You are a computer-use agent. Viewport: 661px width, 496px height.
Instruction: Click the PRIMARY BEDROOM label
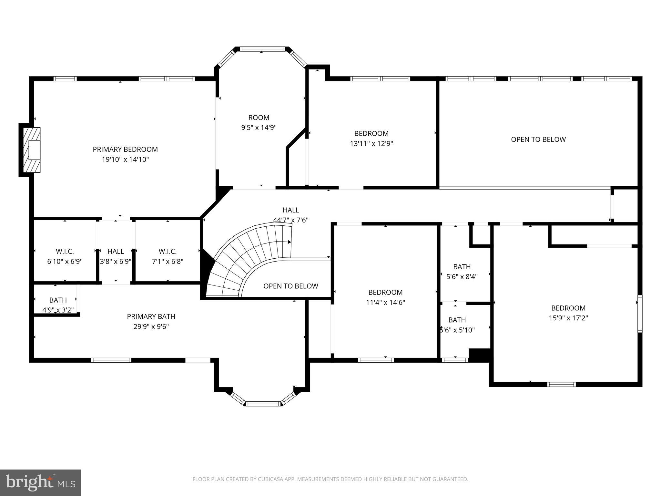coord(125,149)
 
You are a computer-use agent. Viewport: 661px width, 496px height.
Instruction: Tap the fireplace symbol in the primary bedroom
coord(32,150)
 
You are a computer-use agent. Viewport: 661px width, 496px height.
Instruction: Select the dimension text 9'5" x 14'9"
coord(259,128)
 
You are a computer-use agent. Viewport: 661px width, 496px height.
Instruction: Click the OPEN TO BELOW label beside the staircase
coord(290,286)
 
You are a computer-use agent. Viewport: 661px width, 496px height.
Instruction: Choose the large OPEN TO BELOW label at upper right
coord(538,139)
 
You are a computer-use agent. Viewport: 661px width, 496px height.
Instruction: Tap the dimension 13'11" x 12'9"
coord(371,143)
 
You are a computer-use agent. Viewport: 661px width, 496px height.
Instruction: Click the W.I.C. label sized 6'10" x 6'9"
coord(65,251)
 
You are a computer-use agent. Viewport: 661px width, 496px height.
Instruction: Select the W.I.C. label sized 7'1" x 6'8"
coord(168,251)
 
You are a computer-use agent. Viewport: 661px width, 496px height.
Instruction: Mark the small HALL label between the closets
coord(116,251)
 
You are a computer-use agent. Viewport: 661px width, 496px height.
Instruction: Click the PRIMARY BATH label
coord(151,316)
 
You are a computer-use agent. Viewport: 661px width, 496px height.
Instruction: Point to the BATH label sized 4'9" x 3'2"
coord(58,300)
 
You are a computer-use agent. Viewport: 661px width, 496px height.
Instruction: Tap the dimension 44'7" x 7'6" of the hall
coord(291,220)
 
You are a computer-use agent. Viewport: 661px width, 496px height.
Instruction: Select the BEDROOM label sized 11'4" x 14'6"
coord(385,292)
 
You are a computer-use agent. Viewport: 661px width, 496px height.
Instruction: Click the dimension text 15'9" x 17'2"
coord(568,318)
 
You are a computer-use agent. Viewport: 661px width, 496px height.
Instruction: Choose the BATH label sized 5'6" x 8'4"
coord(462,267)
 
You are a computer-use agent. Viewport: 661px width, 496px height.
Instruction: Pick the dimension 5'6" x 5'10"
coord(457,330)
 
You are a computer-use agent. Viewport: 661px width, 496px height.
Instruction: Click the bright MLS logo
coord(40,482)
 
